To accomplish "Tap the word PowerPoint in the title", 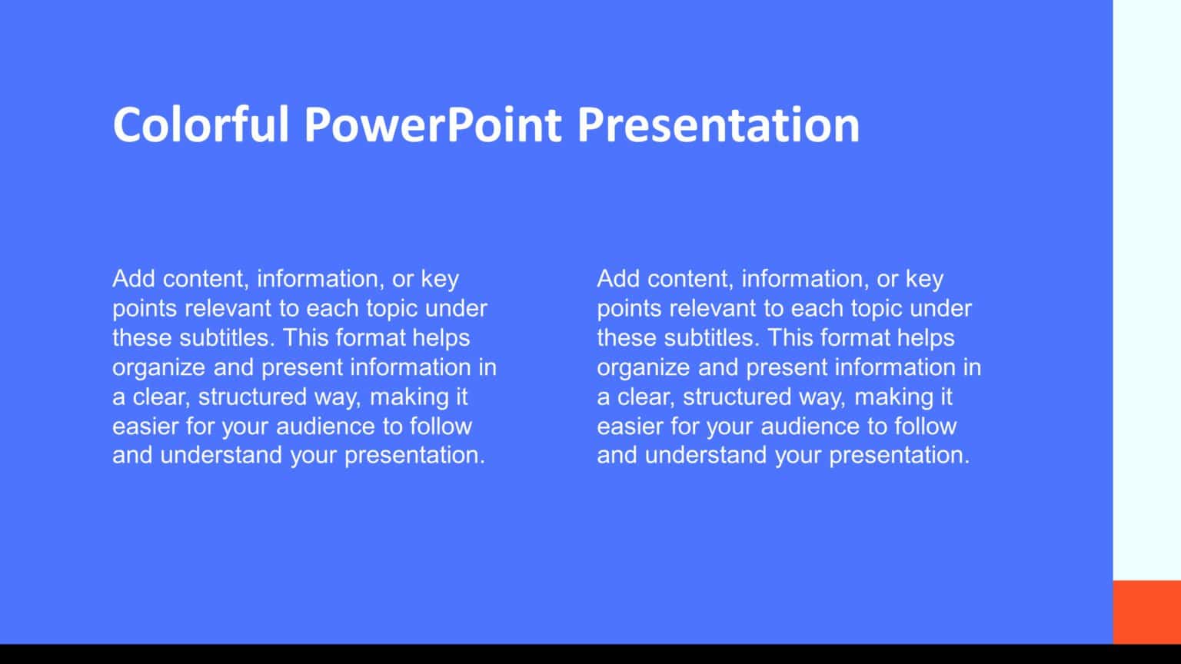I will click(432, 124).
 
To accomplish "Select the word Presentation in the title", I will click(718, 124).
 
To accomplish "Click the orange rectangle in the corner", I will click(1146, 612).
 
